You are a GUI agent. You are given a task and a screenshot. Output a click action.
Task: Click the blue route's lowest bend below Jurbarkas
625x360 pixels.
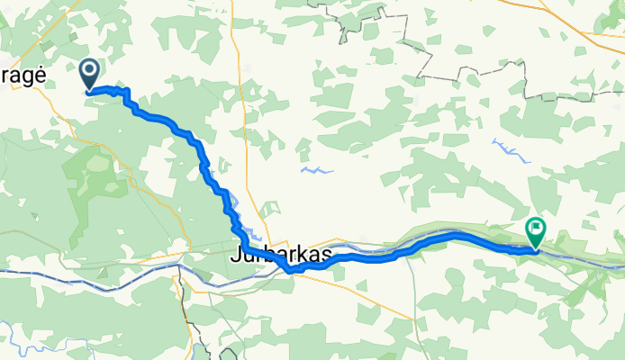[288, 270]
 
